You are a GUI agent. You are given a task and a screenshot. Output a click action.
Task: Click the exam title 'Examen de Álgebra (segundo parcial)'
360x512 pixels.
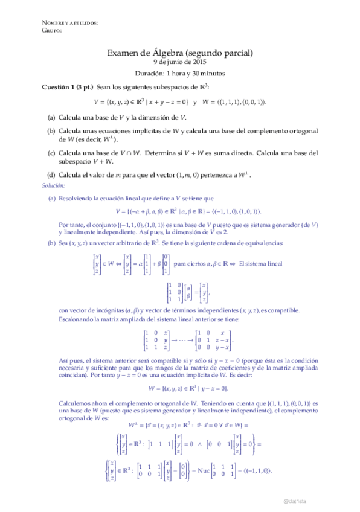point(180,53)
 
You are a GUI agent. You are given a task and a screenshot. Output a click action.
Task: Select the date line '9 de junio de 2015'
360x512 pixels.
point(180,62)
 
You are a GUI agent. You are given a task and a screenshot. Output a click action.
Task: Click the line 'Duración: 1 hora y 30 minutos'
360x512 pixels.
point(180,74)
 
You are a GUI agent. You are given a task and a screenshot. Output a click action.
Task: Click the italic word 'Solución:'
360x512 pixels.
point(53,185)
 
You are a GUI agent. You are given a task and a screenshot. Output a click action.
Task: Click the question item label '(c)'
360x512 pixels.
point(52,153)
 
